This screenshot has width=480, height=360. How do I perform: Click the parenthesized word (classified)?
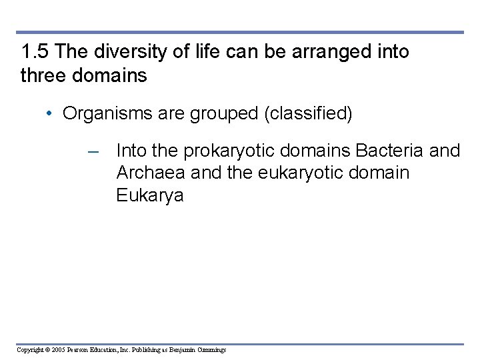pyautogui.click(x=308, y=113)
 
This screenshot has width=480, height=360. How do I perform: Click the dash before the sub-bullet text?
pyautogui.click(x=94, y=151)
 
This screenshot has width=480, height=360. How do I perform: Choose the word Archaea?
pyautogui.click(x=151, y=173)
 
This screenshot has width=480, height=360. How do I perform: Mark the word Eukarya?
pyautogui.click(x=149, y=196)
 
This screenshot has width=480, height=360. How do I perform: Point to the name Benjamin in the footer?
pyautogui.click(x=181, y=350)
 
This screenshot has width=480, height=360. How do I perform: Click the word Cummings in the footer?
pyautogui.click(x=212, y=350)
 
